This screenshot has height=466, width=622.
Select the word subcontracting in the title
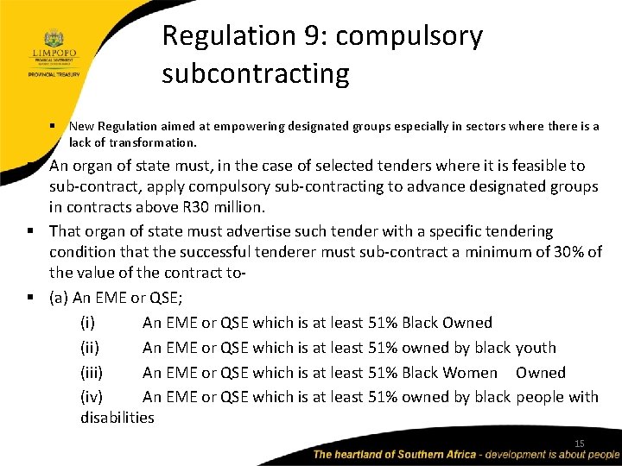[256, 74]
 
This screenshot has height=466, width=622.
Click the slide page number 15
[580, 444]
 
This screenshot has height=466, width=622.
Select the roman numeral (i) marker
[88, 323]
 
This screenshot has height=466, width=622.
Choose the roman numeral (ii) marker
[90, 348]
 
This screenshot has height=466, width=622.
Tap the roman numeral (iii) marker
[92, 373]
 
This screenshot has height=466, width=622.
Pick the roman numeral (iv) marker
[92, 397]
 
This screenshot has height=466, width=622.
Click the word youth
[536, 348]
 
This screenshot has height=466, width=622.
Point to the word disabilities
[117, 418]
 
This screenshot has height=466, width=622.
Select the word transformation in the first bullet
[152, 142]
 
